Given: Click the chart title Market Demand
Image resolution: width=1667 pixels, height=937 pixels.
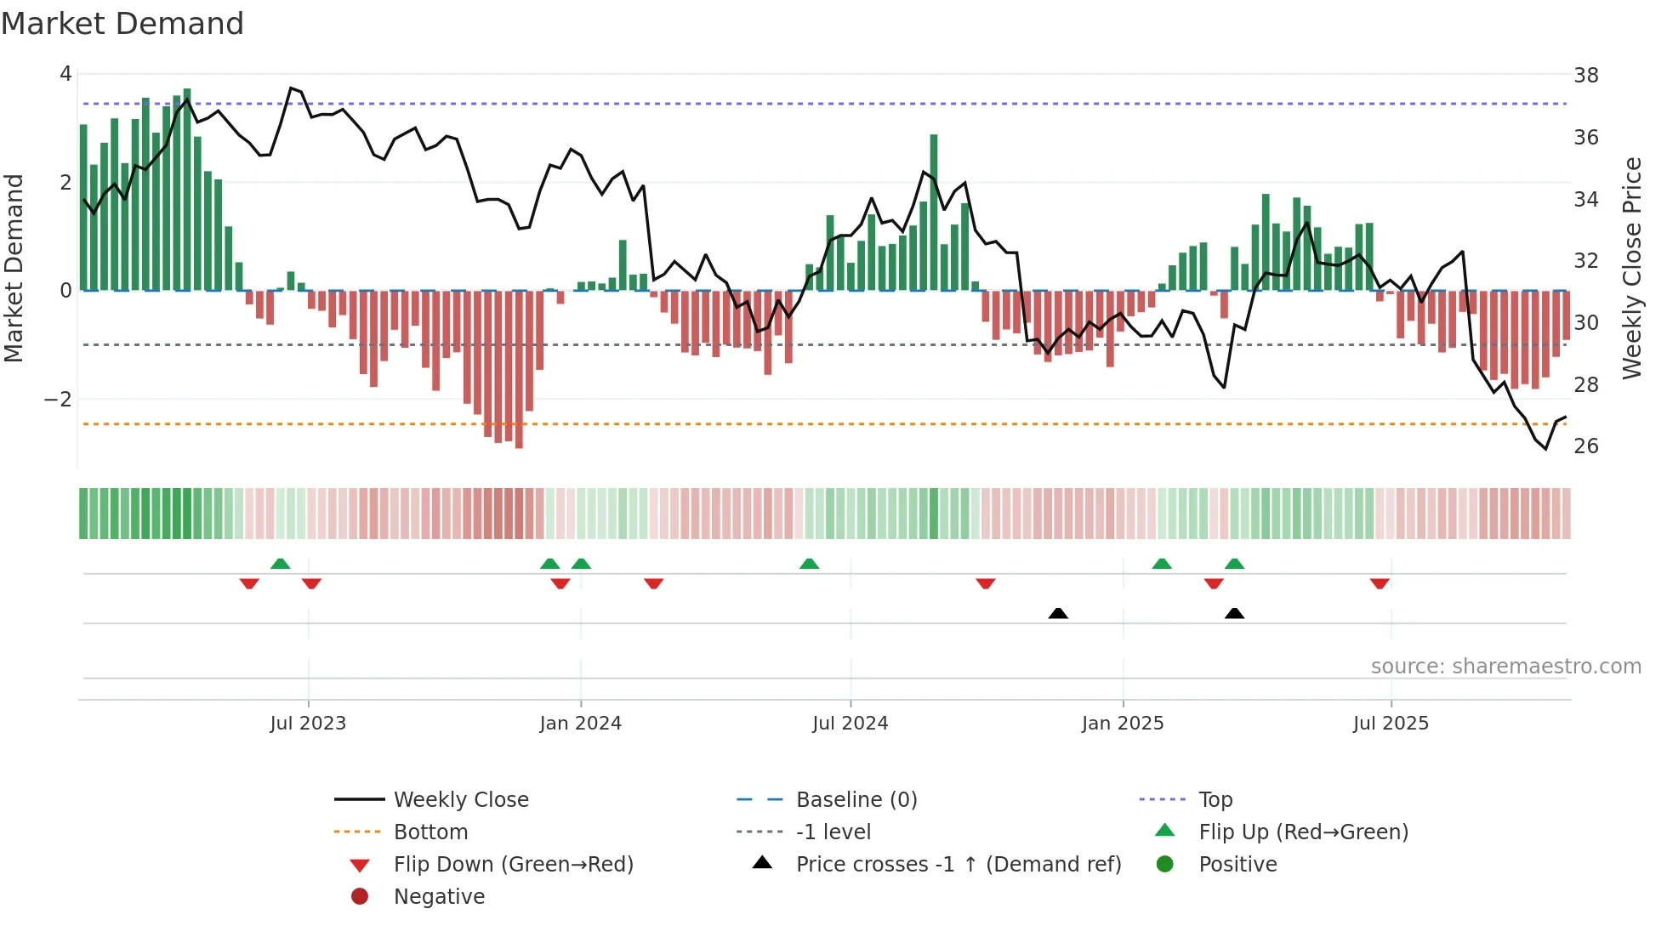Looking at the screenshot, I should coord(122,23).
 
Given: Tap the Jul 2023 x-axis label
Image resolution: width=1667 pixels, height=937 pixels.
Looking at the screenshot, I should coord(308,724).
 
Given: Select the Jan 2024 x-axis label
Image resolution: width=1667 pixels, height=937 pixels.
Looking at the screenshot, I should coord(581,724).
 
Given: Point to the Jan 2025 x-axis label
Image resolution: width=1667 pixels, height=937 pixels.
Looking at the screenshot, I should coord(1123,724).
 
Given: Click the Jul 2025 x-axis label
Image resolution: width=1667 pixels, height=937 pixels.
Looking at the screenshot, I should coord(1391,724).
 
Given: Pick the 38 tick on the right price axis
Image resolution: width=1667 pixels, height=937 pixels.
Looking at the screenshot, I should coord(1585,76).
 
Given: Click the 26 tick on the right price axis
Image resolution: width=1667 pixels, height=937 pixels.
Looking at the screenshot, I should coord(1585,446).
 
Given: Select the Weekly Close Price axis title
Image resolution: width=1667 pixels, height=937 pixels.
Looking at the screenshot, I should coord(1631,268).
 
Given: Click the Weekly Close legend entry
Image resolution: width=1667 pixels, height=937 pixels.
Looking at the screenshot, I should coord(460,800).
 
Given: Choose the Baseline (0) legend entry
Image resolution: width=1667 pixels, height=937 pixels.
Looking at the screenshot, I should coord(856,800).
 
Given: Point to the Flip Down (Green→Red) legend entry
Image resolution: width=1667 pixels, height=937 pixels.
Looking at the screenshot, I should coord(513,865).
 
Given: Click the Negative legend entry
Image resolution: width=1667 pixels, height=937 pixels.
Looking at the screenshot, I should coord(439,897).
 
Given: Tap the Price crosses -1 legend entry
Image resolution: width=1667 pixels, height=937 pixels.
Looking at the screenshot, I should coord(958,865).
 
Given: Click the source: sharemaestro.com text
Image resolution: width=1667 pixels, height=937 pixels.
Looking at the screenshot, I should coord(1505,667).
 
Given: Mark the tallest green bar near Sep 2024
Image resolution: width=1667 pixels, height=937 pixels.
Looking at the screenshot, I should coord(934,213).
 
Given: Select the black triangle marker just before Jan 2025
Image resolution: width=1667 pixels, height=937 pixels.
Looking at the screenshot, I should coord(1058,613).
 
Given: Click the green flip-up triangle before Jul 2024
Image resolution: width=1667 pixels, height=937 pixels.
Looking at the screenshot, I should coord(809,564).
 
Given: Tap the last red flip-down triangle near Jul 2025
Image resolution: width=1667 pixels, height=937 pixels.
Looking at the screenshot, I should coord(1380,583).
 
